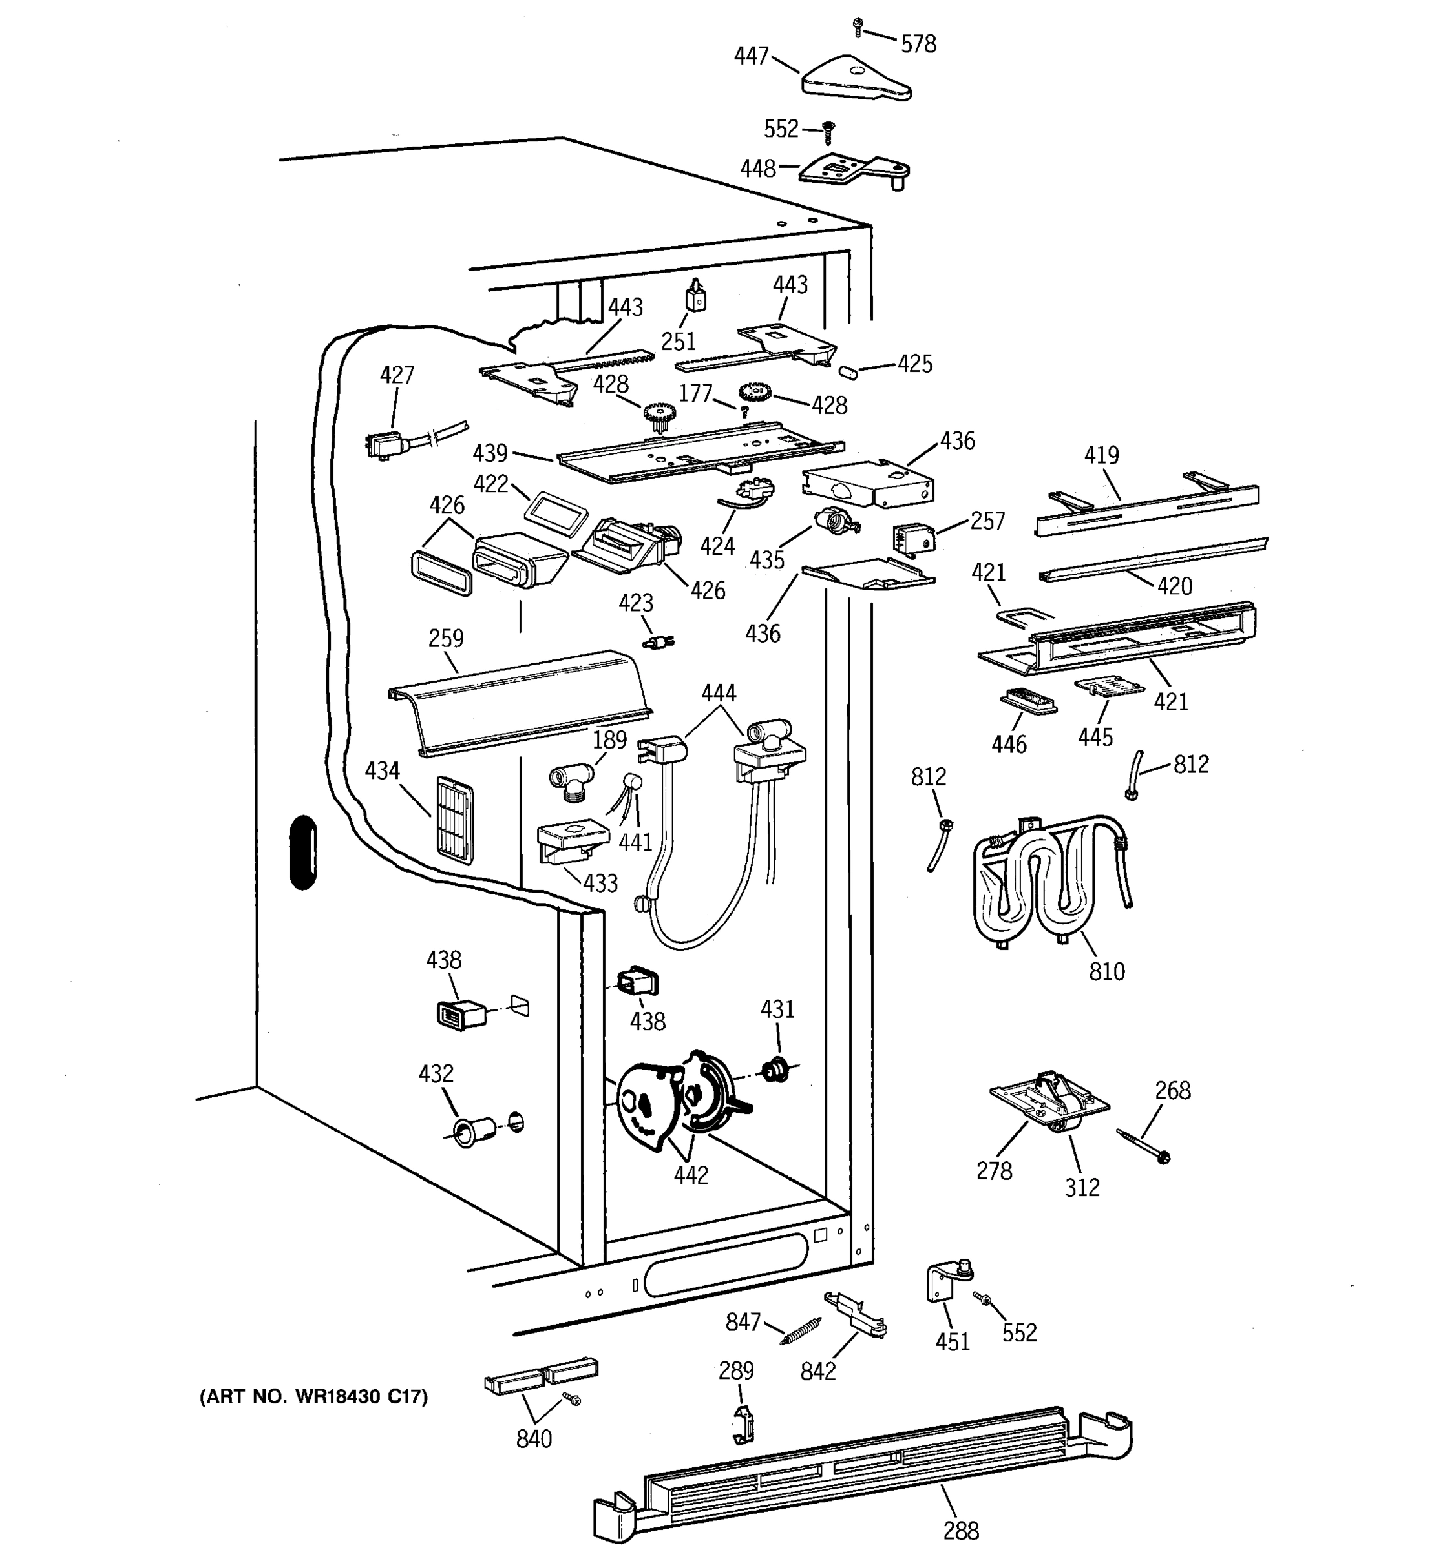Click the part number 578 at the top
[918, 44]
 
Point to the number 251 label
[678, 341]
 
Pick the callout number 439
[490, 453]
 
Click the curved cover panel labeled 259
[520, 703]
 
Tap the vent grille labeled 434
[453, 820]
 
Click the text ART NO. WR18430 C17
[314, 1396]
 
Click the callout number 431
[777, 1009]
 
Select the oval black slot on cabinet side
[302, 852]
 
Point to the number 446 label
[1009, 745]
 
